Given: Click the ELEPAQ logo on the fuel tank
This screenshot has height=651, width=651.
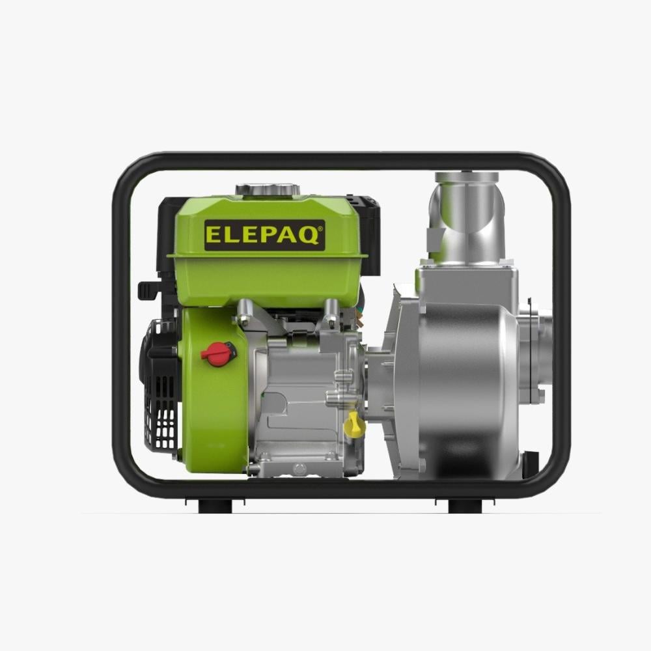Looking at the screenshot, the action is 264,235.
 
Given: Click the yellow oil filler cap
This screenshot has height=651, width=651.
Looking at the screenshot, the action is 354,424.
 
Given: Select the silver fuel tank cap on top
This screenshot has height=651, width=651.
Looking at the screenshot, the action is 268,189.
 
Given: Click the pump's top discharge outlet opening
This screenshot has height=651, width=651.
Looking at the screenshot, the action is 467,177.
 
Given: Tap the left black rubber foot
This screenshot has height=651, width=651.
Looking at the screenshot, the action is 215,506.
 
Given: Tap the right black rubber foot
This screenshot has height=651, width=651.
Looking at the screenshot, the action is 465,506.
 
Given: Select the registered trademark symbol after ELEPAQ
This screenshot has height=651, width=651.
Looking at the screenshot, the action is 320,228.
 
